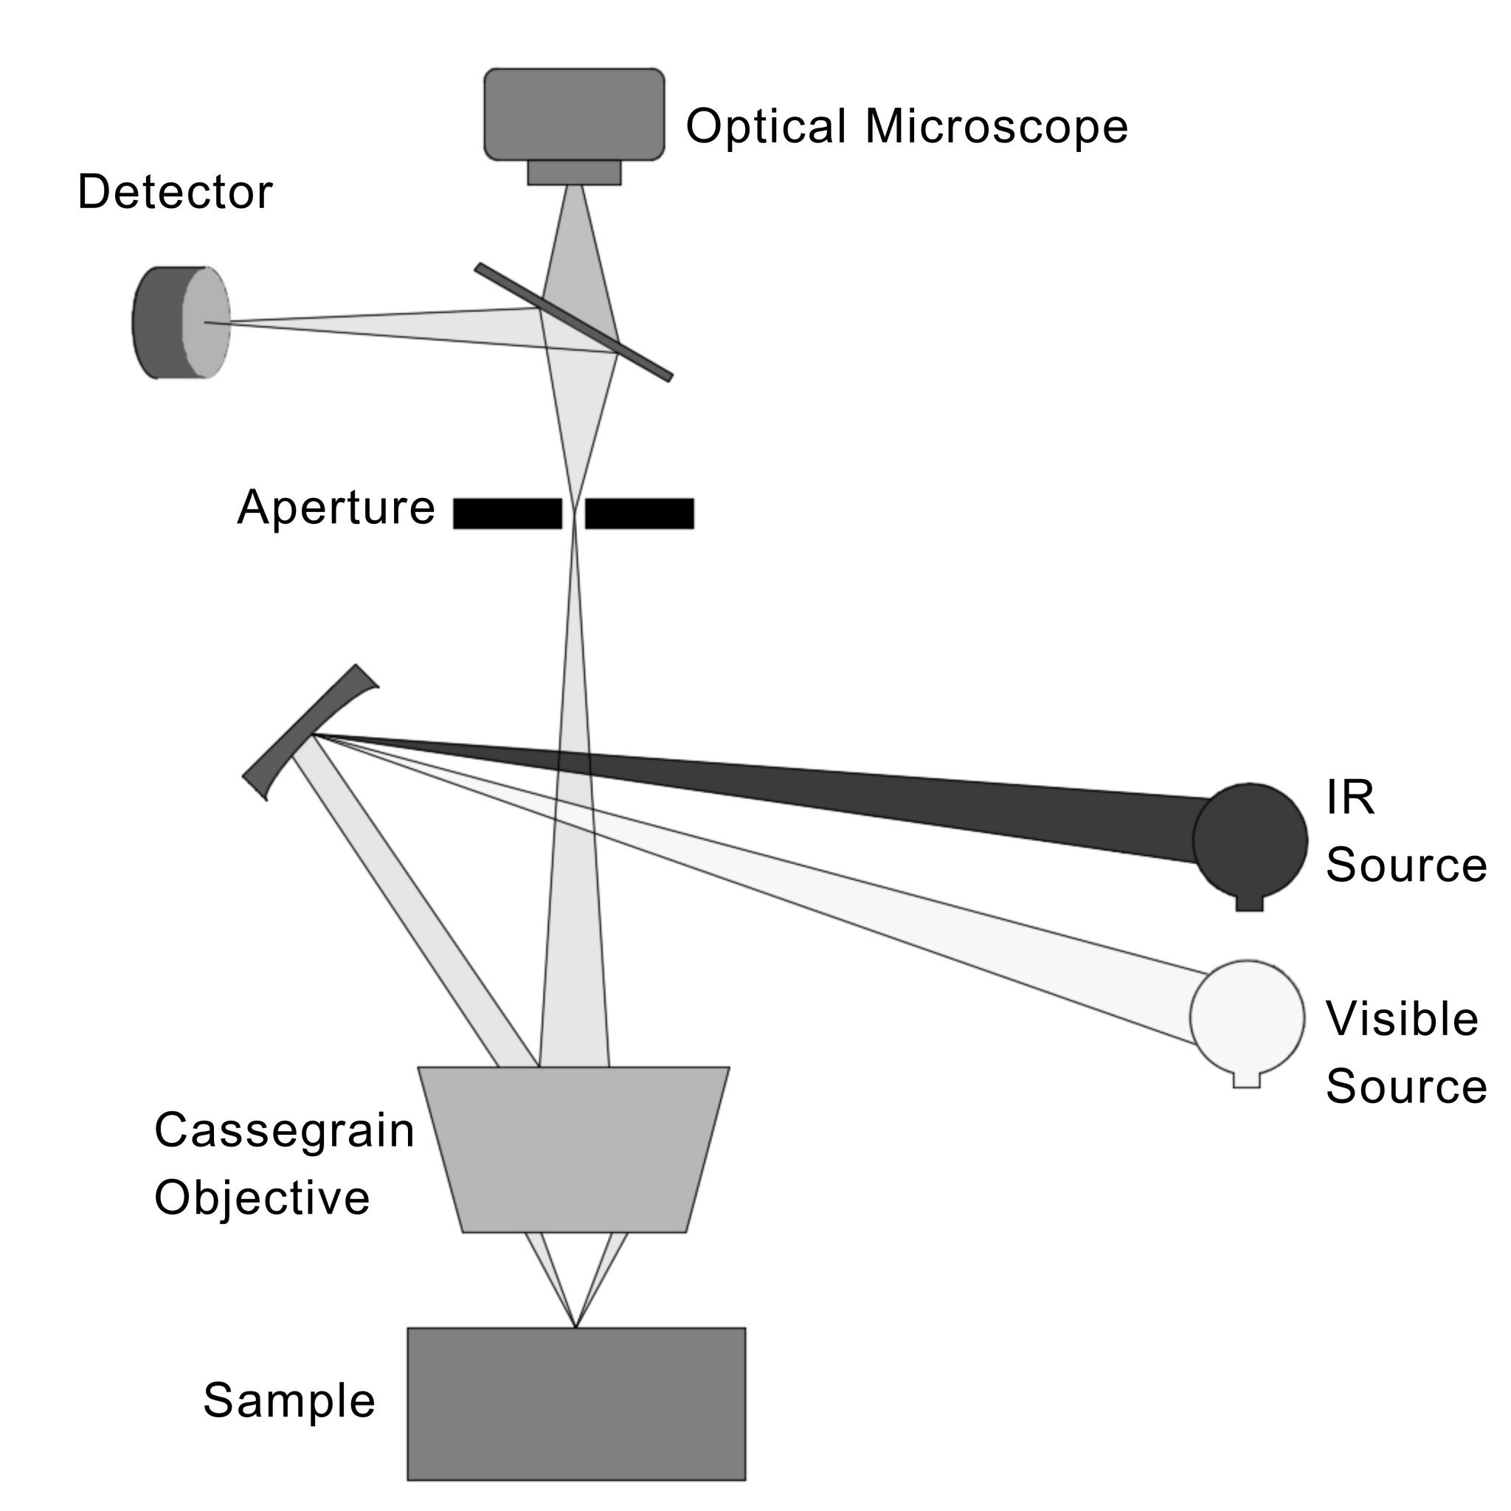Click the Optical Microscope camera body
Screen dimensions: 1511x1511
pyautogui.click(x=574, y=114)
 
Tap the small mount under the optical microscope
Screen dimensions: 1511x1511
pyautogui.click(x=574, y=173)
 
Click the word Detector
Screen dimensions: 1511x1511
pyautogui.click(x=175, y=193)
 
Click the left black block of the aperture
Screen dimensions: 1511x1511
pyautogui.click(x=508, y=514)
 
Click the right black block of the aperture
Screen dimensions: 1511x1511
pyautogui.click(x=640, y=514)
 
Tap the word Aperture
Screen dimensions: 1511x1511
pyautogui.click(x=336, y=508)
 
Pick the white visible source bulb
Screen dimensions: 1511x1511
pyautogui.click(x=1248, y=1017)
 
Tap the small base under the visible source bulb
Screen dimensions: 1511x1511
pyautogui.click(x=1247, y=1080)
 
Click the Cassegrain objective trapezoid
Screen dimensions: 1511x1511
pyautogui.click(x=574, y=1149)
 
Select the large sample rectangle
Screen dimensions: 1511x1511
pyautogui.click(x=576, y=1404)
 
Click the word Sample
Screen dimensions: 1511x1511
pyautogui.click(x=289, y=1400)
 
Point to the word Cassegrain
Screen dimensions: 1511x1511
pyautogui.click(x=284, y=1131)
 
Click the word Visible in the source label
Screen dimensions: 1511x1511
pyautogui.click(x=1402, y=1019)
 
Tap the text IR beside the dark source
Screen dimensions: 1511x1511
pyautogui.click(x=1350, y=798)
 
